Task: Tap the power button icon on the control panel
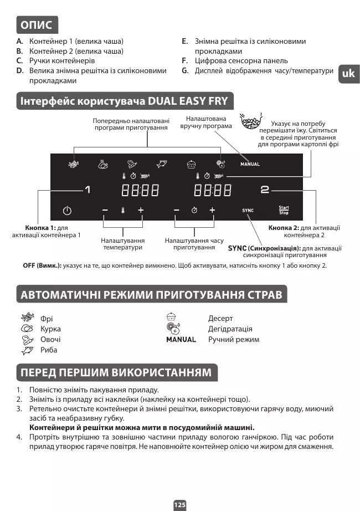coord(66,211)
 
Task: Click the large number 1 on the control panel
coord(87,190)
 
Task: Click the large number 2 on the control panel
coord(265,190)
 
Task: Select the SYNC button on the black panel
coord(248,211)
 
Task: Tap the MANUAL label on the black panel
coord(250,164)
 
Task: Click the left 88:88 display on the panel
coord(140,191)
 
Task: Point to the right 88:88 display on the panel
coord(212,191)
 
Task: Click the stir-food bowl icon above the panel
coord(250,122)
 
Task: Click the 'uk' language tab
coord(348,74)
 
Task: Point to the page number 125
coord(180,505)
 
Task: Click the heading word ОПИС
coord(36,25)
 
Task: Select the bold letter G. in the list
coord(186,71)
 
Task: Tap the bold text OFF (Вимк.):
coord(42,265)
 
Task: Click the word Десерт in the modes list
coord(220,319)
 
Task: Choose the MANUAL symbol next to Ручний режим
coord(181,340)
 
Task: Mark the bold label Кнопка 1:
coord(40,228)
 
